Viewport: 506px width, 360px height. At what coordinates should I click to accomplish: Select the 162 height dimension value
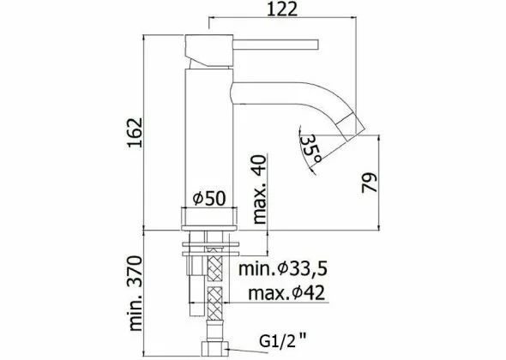[x=135, y=133]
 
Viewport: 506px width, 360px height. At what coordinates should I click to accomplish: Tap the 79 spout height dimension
[x=370, y=183]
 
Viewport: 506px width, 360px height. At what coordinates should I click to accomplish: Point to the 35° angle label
[x=311, y=149]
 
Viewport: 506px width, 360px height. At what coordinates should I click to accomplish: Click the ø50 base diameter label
[x=209, y=198]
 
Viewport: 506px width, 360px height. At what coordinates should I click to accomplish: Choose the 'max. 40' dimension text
[x=260, y=189]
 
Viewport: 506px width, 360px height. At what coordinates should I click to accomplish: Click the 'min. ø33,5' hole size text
[x=283, y=268]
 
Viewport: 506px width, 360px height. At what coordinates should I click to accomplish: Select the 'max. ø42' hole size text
[x=286, y=293]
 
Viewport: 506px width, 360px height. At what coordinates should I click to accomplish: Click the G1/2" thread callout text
[x=283, y=339]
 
